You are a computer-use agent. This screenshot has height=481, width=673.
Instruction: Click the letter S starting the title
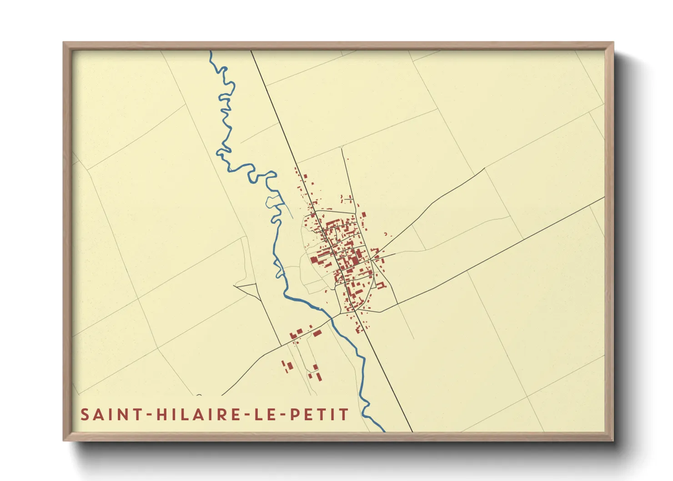(x=85, y=415)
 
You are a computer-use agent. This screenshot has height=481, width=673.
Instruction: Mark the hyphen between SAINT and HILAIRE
(x=146, y=415)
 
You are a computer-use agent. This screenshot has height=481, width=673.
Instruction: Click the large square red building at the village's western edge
(x=314, y=260)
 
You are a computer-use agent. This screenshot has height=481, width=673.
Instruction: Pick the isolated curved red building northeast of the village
(x=386, y=234)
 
